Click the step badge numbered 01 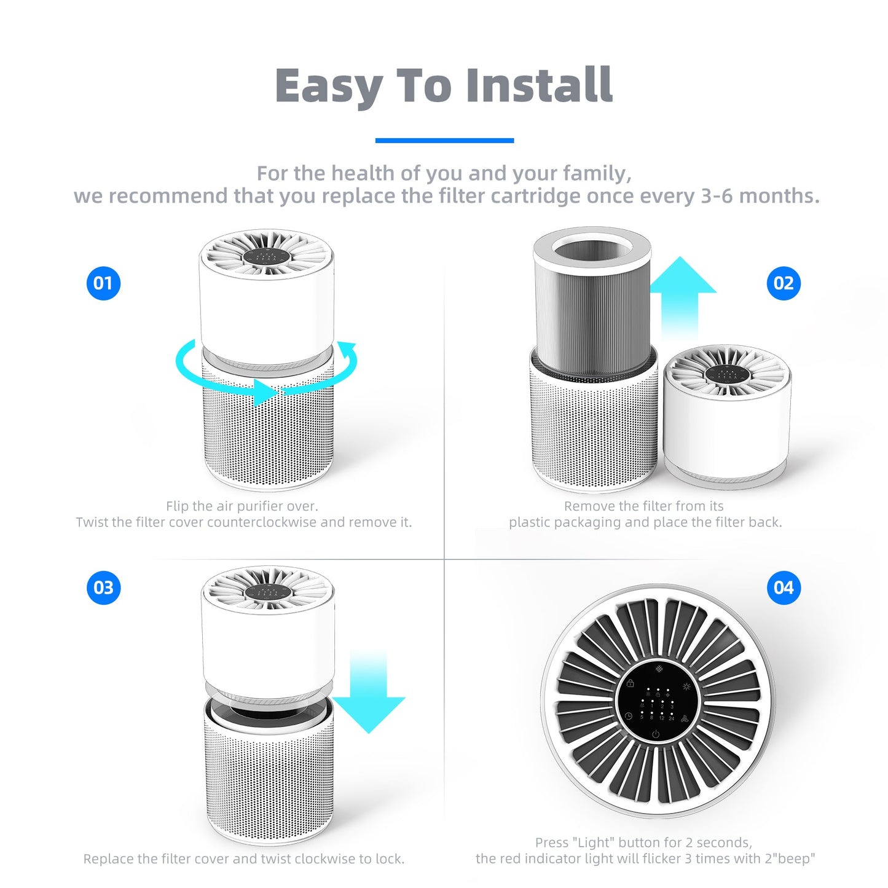[103, 283]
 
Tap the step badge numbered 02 [784, 283]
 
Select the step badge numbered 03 [103, 587]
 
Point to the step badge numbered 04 [784, 587]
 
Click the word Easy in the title [328, 86]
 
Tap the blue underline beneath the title [444, 141]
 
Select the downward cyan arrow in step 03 [369, 694]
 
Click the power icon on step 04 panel [656, 734]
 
